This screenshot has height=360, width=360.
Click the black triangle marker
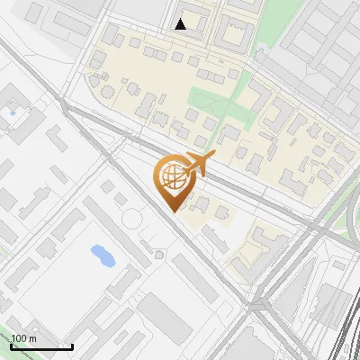[x=181, y=24]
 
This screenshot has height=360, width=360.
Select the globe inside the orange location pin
[x=171, y=177]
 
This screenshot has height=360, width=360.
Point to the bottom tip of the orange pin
[x=171, y=211]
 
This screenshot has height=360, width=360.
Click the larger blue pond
[x=103, y=256]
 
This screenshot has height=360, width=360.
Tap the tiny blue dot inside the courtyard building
[x=12, y=112]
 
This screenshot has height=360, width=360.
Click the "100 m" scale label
[x=23, y=338]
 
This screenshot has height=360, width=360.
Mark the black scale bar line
[x=41, y=346]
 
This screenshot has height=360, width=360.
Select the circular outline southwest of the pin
[x=132, y=218]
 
